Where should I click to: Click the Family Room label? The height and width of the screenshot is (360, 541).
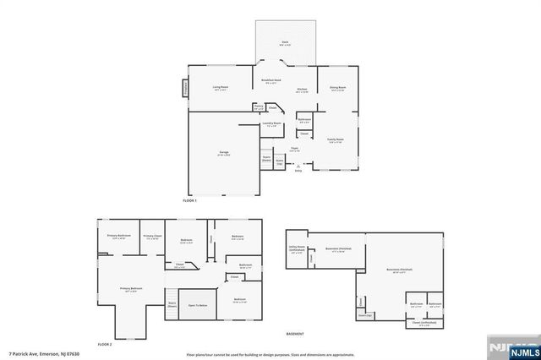click(335, 140)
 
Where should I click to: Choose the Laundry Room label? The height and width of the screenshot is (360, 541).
click(271, 125)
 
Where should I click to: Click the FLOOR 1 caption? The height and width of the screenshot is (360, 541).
click(189, 199)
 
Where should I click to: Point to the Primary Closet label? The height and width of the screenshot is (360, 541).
click(152, 237)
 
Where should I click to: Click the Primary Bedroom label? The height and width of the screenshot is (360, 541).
click(131, 290)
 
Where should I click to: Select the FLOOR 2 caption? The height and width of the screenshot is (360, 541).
click(104, 344)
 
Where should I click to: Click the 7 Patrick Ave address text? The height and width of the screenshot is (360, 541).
click(34, 354)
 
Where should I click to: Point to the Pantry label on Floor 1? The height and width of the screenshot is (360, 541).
click(259, 107)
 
